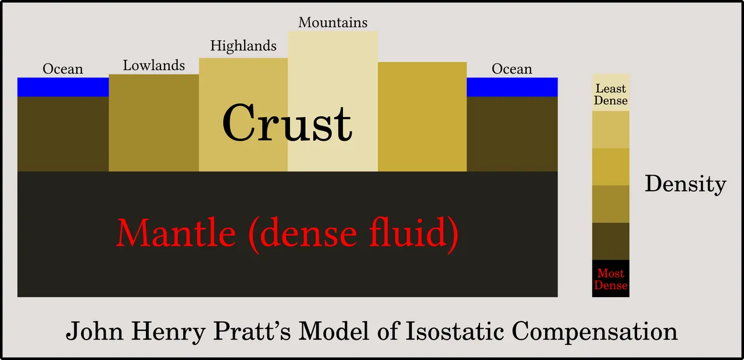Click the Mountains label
point(333,23)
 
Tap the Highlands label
point(244,46)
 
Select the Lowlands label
point(154,66)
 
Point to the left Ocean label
point(63,69)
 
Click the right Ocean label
point(512,69)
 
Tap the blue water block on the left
point(63,87)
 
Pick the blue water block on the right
point(512,87)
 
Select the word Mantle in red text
point(176,233)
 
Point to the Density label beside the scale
point(685,184)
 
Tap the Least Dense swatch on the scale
point(611,92)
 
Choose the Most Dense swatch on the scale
point(611,279)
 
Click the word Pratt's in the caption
point(252,331)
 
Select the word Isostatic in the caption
point(455,331)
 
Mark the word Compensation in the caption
point(595,332)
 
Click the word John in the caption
point(94,331)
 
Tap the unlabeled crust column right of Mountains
point(422,117)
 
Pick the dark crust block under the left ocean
point(63,134)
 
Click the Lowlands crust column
point(154,123)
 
